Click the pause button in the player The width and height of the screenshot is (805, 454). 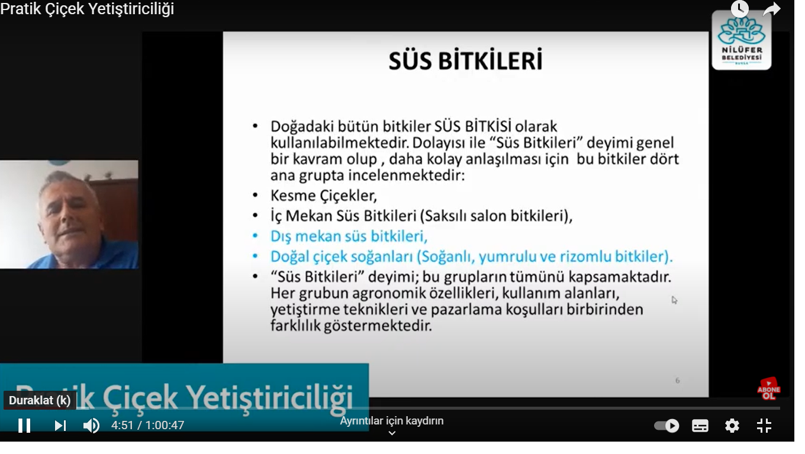click(24, 426)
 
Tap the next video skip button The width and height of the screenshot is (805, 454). click(60, 426)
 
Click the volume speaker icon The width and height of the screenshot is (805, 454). click(91, 426)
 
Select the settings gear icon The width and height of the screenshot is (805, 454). click(732, 426)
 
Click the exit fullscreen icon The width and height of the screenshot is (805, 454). click(764, 426)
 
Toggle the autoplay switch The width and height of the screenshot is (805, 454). click(666, 426)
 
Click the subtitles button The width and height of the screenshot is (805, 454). click(700, 426)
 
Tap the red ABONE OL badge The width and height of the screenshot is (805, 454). click(769, 389)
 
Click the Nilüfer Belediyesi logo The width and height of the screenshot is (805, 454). click(742, 40)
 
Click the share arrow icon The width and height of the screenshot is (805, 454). click(772, 9)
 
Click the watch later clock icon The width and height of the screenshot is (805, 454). click(740, 9)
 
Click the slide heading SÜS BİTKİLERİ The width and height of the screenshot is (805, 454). click(465, 60)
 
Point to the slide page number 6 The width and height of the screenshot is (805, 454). click(677, 381)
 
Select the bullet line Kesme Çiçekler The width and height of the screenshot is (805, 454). click(323, 196)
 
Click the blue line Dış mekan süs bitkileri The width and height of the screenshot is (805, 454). click(349, 236)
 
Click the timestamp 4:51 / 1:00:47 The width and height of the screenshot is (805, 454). click(148, 425)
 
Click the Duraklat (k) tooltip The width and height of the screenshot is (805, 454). click(40, 400)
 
